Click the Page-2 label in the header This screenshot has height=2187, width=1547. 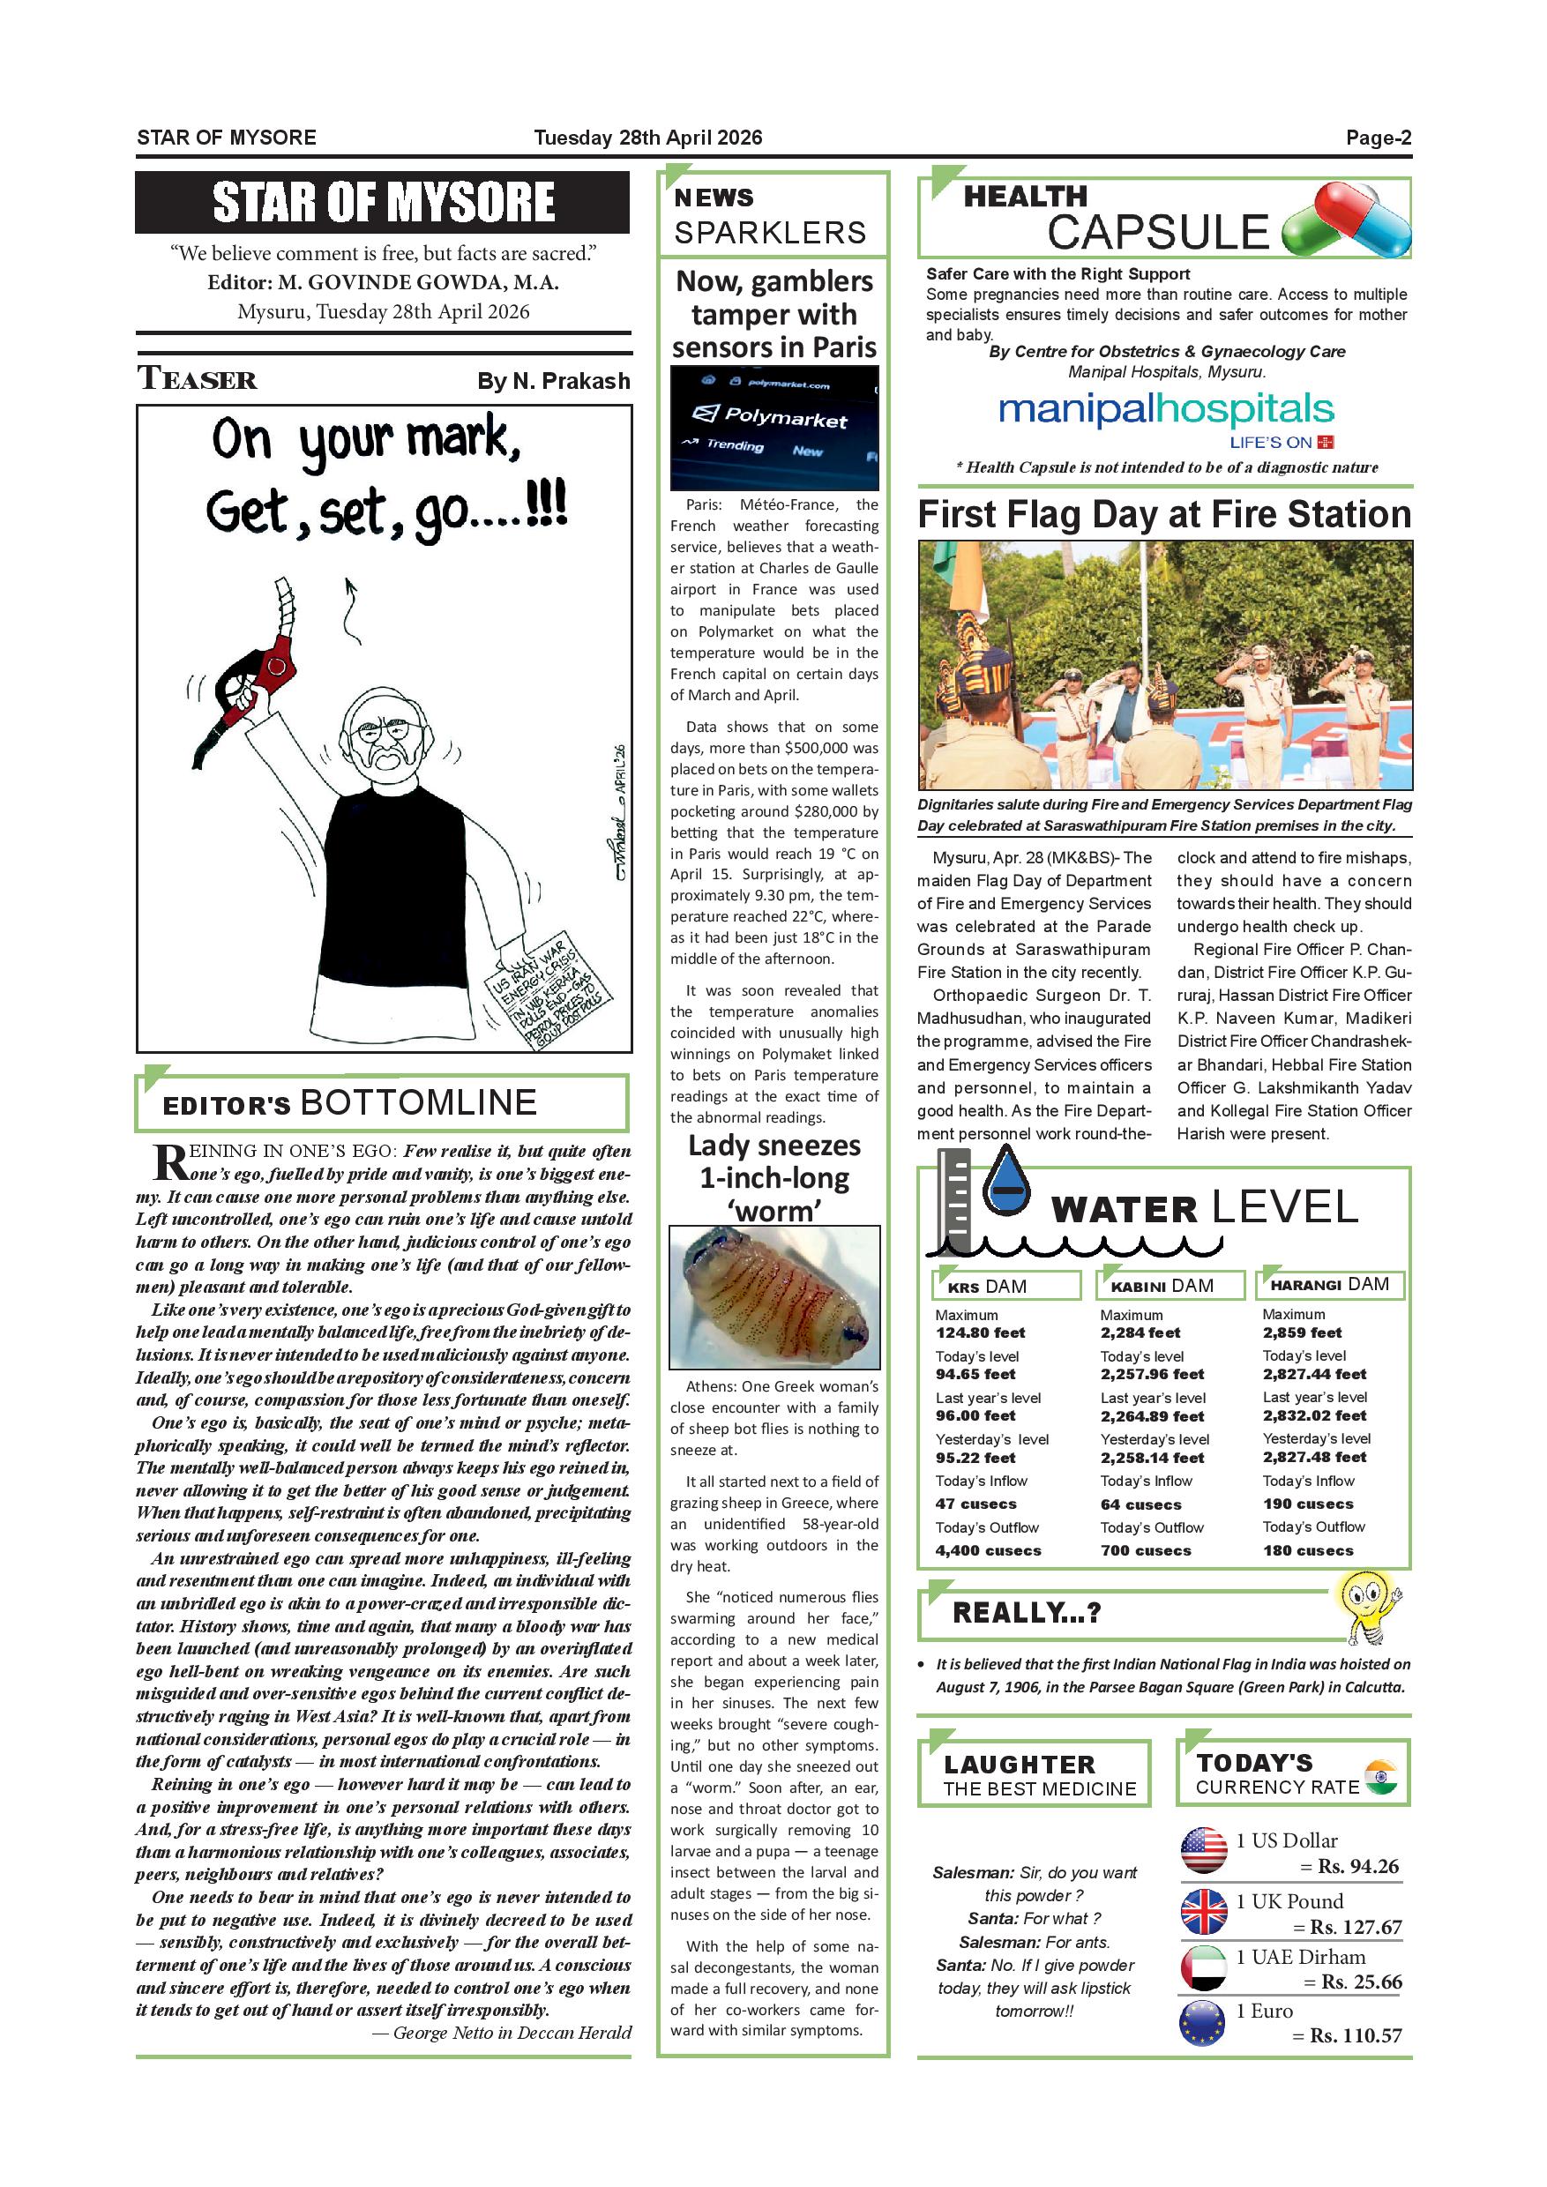click(x=1378, y=138)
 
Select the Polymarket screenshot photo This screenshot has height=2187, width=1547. click(x=773, y=428)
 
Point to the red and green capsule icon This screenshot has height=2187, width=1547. click(x=1346, y=220)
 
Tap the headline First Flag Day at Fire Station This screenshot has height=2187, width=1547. click(x=1164, y=515)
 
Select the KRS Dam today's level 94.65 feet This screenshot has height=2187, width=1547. click(x=975, y=1374)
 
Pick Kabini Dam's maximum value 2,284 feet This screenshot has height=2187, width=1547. click(x=1140, y=1332)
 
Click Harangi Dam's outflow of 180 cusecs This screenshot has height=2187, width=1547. click(x=1308, y=1549)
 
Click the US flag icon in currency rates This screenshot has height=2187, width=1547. click(x=1204, y=1851)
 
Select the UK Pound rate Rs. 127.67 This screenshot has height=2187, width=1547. click(x=1356, y=1926)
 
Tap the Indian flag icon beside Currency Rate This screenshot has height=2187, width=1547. click(x=1380, y=1776)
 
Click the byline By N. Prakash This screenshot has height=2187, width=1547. click(x=554, y=381)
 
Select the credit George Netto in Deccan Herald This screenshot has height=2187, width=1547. click(x=501, y=2033)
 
